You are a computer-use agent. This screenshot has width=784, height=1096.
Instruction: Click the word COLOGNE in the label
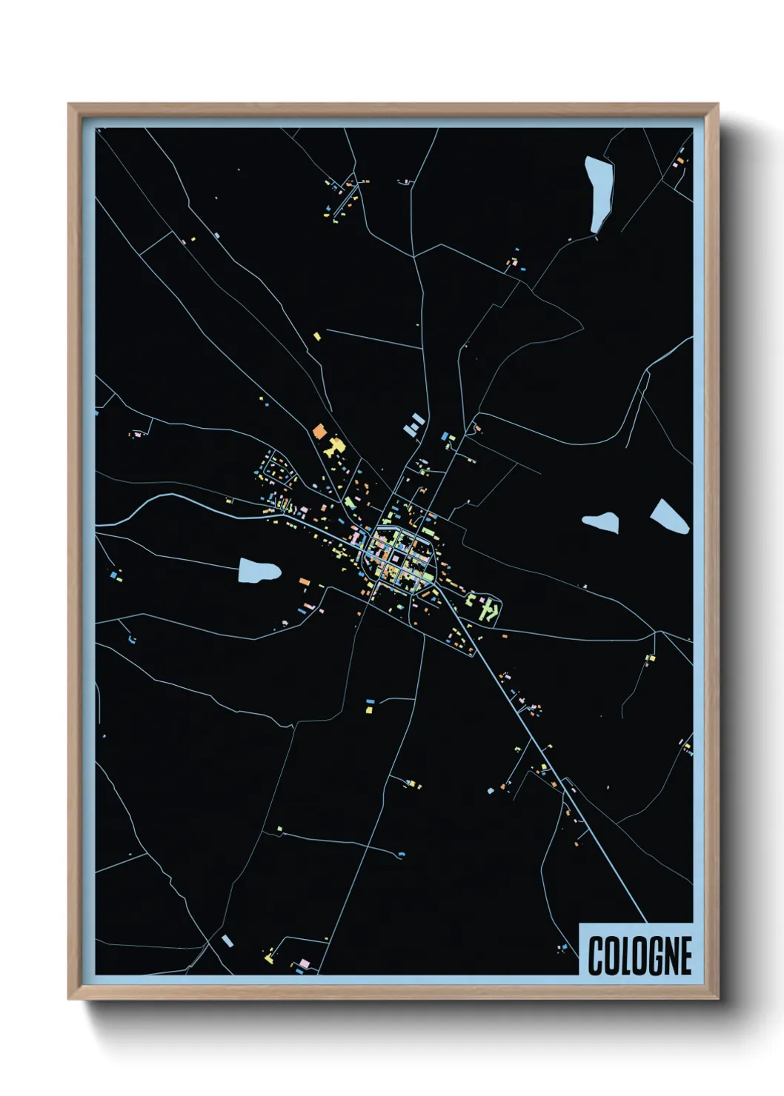pos(640,955)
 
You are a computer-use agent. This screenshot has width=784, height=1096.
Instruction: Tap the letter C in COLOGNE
pos(596,955)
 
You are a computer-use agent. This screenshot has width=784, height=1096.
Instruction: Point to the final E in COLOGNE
pos(685,955)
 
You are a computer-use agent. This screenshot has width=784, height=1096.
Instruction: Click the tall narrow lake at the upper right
pos(599,193)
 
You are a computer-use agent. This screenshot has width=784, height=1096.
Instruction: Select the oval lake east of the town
pos(599,521)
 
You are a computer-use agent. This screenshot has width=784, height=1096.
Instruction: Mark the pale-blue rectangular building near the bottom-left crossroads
pos(227,940)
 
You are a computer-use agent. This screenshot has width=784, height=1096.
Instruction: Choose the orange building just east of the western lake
pos(303,582)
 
